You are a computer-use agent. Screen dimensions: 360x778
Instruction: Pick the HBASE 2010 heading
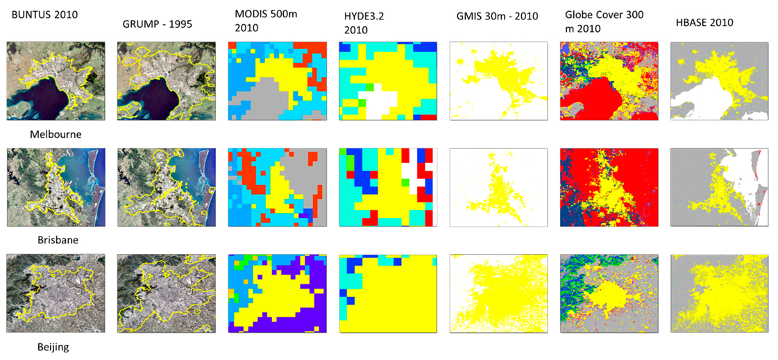[703, 23]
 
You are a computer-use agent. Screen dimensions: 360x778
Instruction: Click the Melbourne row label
[59, 135]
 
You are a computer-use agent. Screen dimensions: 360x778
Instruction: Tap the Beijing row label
[53, 346]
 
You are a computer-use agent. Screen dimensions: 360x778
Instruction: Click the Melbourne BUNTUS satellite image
[56, 81]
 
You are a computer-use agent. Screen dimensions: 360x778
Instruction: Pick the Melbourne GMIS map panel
[498, 81]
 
